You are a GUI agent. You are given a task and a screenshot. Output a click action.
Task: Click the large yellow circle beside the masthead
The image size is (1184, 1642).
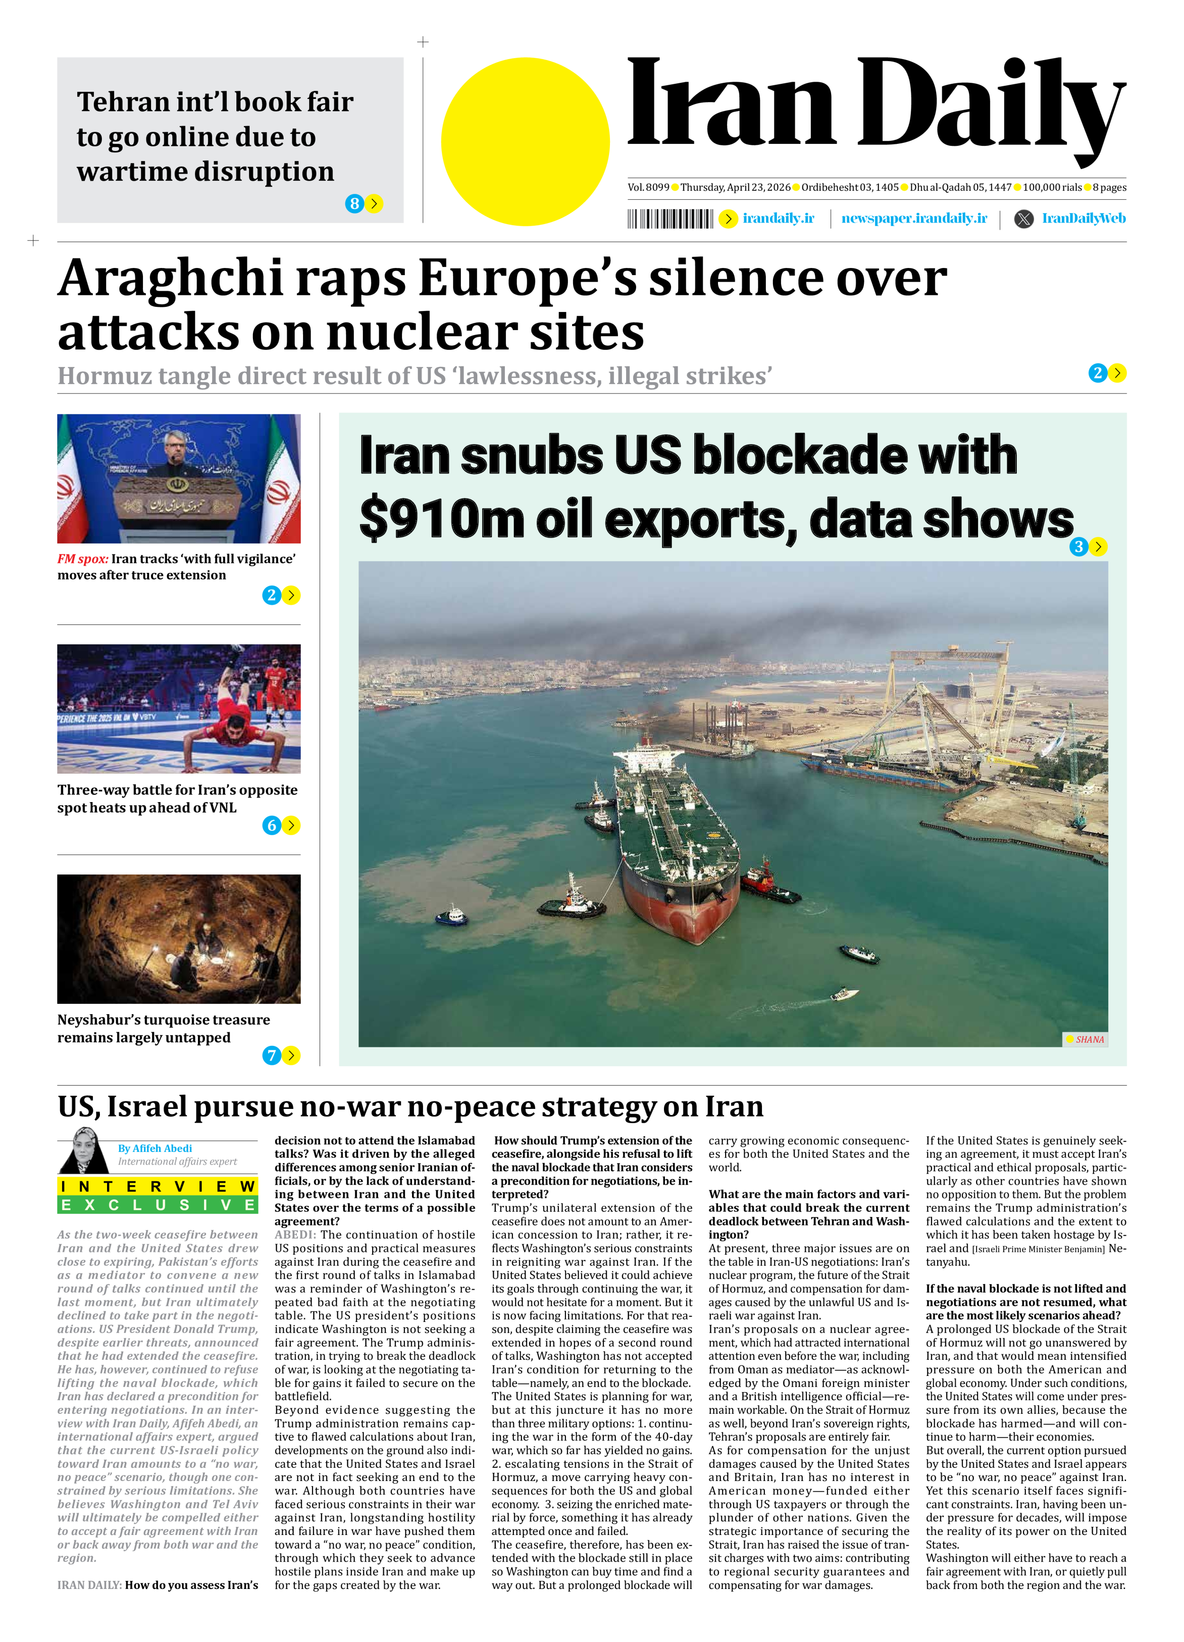click(525, 142)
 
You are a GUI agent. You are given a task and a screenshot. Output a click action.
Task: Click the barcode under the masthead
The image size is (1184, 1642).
click(670, 219)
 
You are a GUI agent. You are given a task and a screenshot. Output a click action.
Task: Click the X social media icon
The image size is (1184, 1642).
click(1023, 219)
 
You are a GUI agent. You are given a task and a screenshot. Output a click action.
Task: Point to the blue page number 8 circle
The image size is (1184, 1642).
click(354, 204)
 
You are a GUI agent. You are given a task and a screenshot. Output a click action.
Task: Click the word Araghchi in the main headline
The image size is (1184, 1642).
click(170, 279)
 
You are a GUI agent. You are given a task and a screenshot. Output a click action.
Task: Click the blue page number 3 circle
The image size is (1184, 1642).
click(1078, 546)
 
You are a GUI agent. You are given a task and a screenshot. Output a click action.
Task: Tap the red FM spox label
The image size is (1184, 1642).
click(82, 559)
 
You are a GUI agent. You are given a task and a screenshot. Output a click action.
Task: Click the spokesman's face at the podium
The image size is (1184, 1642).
click(177, 448)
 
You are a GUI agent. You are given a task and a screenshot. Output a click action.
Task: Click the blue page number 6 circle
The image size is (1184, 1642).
click(271, 825)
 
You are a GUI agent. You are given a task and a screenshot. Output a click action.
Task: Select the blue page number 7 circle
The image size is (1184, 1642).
click(271, 1055)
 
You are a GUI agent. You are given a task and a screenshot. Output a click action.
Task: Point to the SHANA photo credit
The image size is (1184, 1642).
click(1088, 1040)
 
